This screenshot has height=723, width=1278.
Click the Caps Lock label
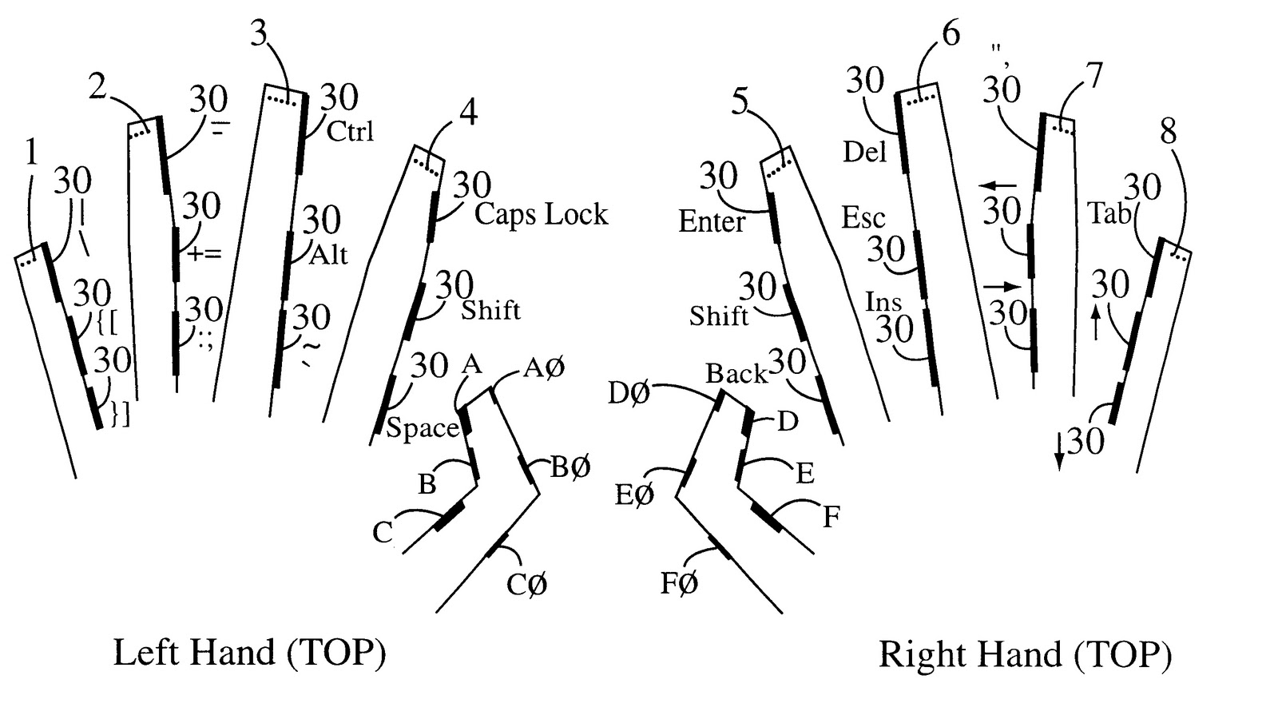pyautogui.click(x=542, y=215)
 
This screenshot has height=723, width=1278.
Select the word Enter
pyautogui.click(x=712, y=221)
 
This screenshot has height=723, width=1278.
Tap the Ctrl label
pyautogui.click(x=350, y=131)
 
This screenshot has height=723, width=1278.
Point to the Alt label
pyautogui.click(x=328, y=255)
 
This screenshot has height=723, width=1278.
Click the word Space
pyautogui.click(x=423, y=428)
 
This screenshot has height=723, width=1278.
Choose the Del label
pyautogui.click(x=865, y=152)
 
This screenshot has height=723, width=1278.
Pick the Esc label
pyautogui.click(x=863, y=218)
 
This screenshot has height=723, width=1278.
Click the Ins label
pyautogui.click(x=883, y=301)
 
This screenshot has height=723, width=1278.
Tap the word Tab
pyautogui.click(x=1109, y=213)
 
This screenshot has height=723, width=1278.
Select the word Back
pyautogui.click(x=736, y=374)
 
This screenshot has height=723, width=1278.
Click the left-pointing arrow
pyautogui.click(x=998, y=185)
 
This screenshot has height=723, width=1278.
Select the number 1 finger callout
pyautogui.click(x=32, y=153)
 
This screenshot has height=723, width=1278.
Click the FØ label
pyautogui.click(x=679, y=583)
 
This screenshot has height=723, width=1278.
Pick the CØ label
pyautogui.click(x=527, y=584)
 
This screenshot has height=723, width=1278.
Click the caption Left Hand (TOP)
pyautogui.click(x=250, y=653)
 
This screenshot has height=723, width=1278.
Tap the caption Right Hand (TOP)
pyautogui.click(x=1026, y=654)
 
